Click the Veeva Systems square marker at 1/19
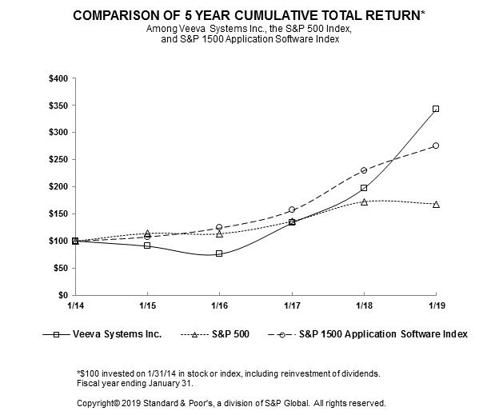pos(435,109)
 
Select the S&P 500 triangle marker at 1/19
pos(435,204)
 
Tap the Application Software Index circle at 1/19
pos(435,146)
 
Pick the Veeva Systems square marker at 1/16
pos(219,253)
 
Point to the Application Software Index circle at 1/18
pos(363,170)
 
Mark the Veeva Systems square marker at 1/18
pos(363,188)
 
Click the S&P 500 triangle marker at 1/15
pos(147,233)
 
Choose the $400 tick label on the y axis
pos(59,78)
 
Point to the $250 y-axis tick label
pos(59,159)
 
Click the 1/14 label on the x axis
pos(75,306)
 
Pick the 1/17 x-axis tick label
pos(291,306)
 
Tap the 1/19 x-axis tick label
pos(435,306)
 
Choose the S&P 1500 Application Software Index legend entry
pos(382,334)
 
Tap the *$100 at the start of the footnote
pos(86,373)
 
